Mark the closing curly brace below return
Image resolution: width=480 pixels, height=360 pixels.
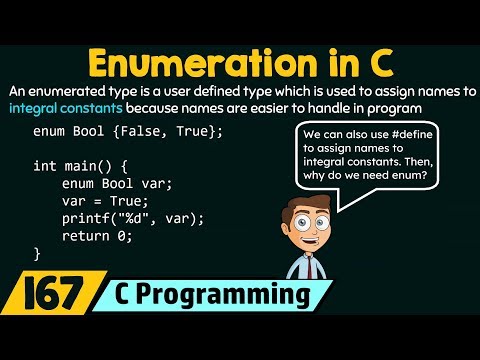pyautogui.click(x=37, y=253)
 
